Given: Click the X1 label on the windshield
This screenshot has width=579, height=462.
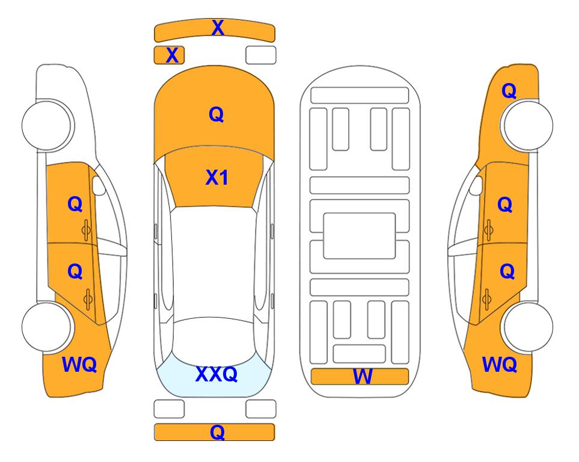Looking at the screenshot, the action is pos(217,177).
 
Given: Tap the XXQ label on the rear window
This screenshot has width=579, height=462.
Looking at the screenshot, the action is pos(216,374).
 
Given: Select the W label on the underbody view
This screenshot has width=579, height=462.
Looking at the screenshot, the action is pos(362,377).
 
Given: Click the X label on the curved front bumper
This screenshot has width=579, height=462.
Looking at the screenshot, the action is pos(218,28).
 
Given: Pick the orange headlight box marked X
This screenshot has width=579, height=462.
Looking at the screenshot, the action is pos(169,55).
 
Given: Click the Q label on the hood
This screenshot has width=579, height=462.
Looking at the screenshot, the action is pos(216,114).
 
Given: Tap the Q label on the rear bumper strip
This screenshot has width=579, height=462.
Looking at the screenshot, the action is pos(217,432).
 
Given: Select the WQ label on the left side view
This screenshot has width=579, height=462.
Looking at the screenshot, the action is pos(79,365).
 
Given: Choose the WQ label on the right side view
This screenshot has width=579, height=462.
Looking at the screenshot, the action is pos(500,365).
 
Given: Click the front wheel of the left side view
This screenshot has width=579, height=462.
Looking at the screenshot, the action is pos(47,125).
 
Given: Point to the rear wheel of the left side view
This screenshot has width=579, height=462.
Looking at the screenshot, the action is pos(47,327).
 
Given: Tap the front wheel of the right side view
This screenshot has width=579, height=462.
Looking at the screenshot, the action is pos(528,125).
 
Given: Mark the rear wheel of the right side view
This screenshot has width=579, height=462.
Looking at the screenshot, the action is pos(528,327).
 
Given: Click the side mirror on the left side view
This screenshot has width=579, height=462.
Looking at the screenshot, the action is pos(99,185).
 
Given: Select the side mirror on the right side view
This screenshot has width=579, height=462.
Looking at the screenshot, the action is pos(476,185).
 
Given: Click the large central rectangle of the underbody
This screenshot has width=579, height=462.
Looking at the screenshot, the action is pos(360,236).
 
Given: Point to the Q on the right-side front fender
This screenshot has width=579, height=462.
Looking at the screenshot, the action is pos(509,91).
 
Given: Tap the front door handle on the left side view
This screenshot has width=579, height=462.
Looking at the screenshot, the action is pos(86,230).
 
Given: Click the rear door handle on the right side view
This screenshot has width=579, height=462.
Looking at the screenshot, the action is pos(486,300).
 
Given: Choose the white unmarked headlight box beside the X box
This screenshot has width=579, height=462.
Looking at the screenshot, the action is pos(261,55).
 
